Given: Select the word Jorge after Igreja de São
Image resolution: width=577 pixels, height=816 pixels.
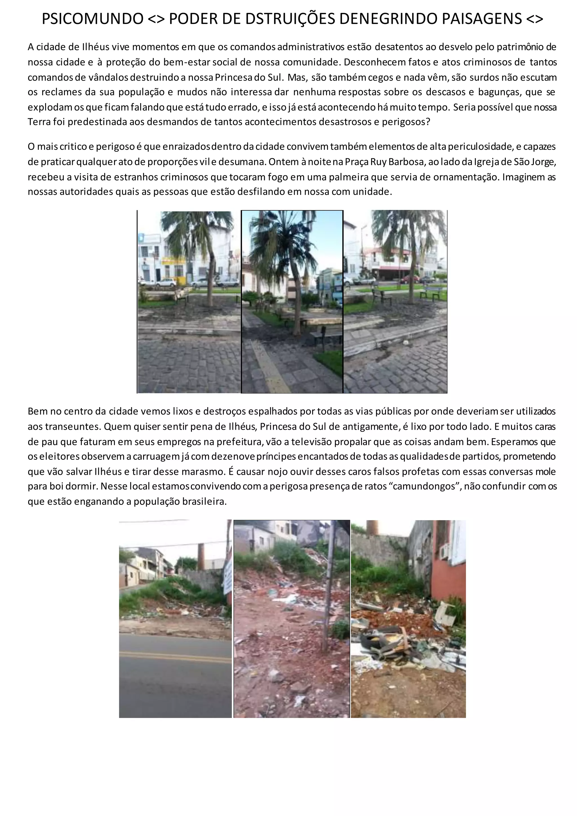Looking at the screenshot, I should click(x=543, y=162).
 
